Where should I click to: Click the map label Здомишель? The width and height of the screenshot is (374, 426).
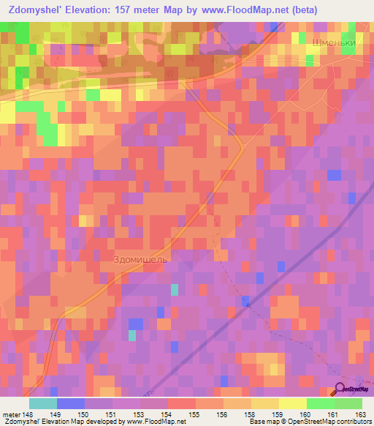pos(142,259)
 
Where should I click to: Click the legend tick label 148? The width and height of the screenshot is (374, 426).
pos(28,414)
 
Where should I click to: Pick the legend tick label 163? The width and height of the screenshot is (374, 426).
pos(361,414)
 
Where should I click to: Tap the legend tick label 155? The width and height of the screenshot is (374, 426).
pos(194,414)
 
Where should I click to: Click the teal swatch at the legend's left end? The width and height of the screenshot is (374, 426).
pos(43,403)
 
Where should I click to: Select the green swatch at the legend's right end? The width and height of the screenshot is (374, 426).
pos(348,403)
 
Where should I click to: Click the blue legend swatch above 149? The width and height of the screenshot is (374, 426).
pos(71,403)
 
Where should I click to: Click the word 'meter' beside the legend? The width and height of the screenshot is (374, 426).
pos(10,414)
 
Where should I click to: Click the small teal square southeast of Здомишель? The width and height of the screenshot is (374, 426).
pos(175,289)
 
